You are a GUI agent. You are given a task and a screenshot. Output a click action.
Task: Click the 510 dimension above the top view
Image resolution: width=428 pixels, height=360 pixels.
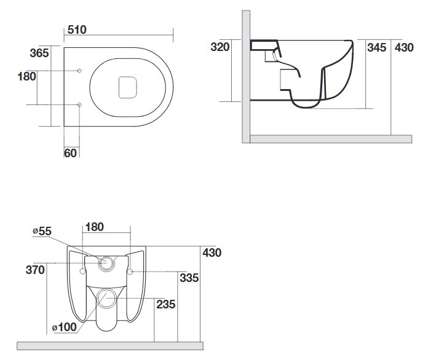(x=77, y=29)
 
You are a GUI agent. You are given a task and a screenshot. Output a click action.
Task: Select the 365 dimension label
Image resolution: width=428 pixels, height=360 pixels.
(x=39, y=53)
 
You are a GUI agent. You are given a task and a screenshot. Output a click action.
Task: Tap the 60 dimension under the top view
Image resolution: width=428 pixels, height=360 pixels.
(x=71, y=153)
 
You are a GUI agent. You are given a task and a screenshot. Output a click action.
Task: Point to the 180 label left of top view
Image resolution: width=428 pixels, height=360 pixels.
(x=27, y=76)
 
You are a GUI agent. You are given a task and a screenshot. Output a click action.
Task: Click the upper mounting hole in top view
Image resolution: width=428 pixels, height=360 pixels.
(x=79, y=71)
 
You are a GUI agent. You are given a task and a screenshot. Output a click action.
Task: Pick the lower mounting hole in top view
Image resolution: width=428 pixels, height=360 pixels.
(x=79, y=104)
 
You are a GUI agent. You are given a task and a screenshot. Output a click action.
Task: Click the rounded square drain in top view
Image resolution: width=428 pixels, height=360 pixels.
(x=127, y=87)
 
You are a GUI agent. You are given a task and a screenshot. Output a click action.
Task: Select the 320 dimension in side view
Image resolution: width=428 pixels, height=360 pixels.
(x=220, y=47)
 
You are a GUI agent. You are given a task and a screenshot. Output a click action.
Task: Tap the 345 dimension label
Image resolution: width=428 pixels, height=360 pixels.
(x=377, y=47)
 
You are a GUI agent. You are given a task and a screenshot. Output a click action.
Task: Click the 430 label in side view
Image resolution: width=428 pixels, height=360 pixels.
(x=404, y=47)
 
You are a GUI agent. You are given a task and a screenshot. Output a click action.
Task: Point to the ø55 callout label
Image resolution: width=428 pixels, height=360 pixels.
(x=42, y=231)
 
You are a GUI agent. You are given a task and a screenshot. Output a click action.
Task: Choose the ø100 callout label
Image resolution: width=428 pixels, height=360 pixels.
(x=65, y=327)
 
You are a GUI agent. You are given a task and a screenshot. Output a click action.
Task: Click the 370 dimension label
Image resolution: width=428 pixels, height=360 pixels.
(x=35, y=270)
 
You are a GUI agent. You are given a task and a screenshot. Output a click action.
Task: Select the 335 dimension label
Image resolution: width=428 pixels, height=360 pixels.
(x=189, y=278)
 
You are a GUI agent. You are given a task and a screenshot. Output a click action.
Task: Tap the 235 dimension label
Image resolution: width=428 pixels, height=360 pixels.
(x=165, y=304)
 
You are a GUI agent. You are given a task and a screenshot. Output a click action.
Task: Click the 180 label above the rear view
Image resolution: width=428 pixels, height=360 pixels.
(x=95, y=227)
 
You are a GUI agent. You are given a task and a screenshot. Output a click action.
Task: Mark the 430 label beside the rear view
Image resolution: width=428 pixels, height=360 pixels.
(x=212, y=253)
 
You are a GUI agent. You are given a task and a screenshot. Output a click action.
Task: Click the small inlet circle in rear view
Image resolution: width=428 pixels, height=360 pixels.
(x=106, y=263)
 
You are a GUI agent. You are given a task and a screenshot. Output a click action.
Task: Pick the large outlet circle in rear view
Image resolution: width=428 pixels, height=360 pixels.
(x=106, y=299)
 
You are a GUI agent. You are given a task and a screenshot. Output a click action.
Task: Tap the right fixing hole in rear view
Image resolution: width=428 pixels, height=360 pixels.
(x=130, y=272)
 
